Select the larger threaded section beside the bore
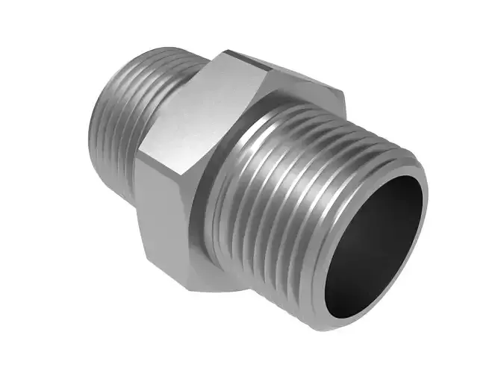coord(284,201)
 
